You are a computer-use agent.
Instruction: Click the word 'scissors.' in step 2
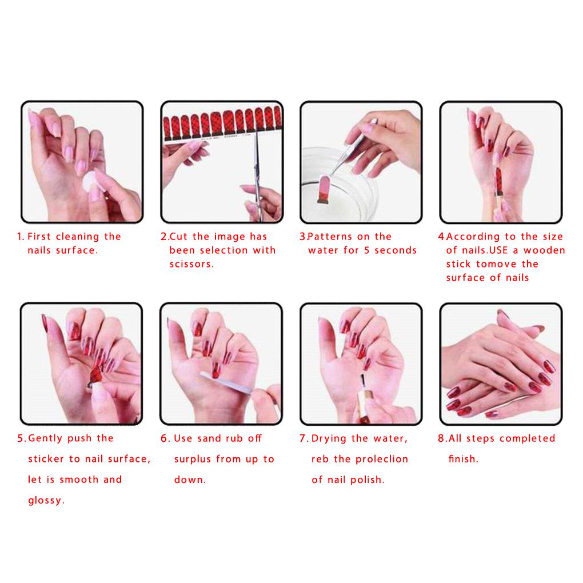point(192,264)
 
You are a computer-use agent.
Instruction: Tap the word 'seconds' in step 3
point(396,250)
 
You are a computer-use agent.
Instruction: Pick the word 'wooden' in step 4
point(544,250)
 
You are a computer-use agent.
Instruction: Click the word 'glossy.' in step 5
point(46,501)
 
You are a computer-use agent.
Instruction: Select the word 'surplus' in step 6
point(193,460)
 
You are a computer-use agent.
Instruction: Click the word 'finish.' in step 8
point(464,459)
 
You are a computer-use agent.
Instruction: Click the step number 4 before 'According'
point(441,237)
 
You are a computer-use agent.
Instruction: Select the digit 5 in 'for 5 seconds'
point(367,250)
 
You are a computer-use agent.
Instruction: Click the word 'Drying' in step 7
point(329,439)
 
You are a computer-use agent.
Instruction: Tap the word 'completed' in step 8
point(527,438)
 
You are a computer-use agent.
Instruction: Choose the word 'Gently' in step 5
point(45,438)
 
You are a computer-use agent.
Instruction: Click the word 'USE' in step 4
point(498,250)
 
